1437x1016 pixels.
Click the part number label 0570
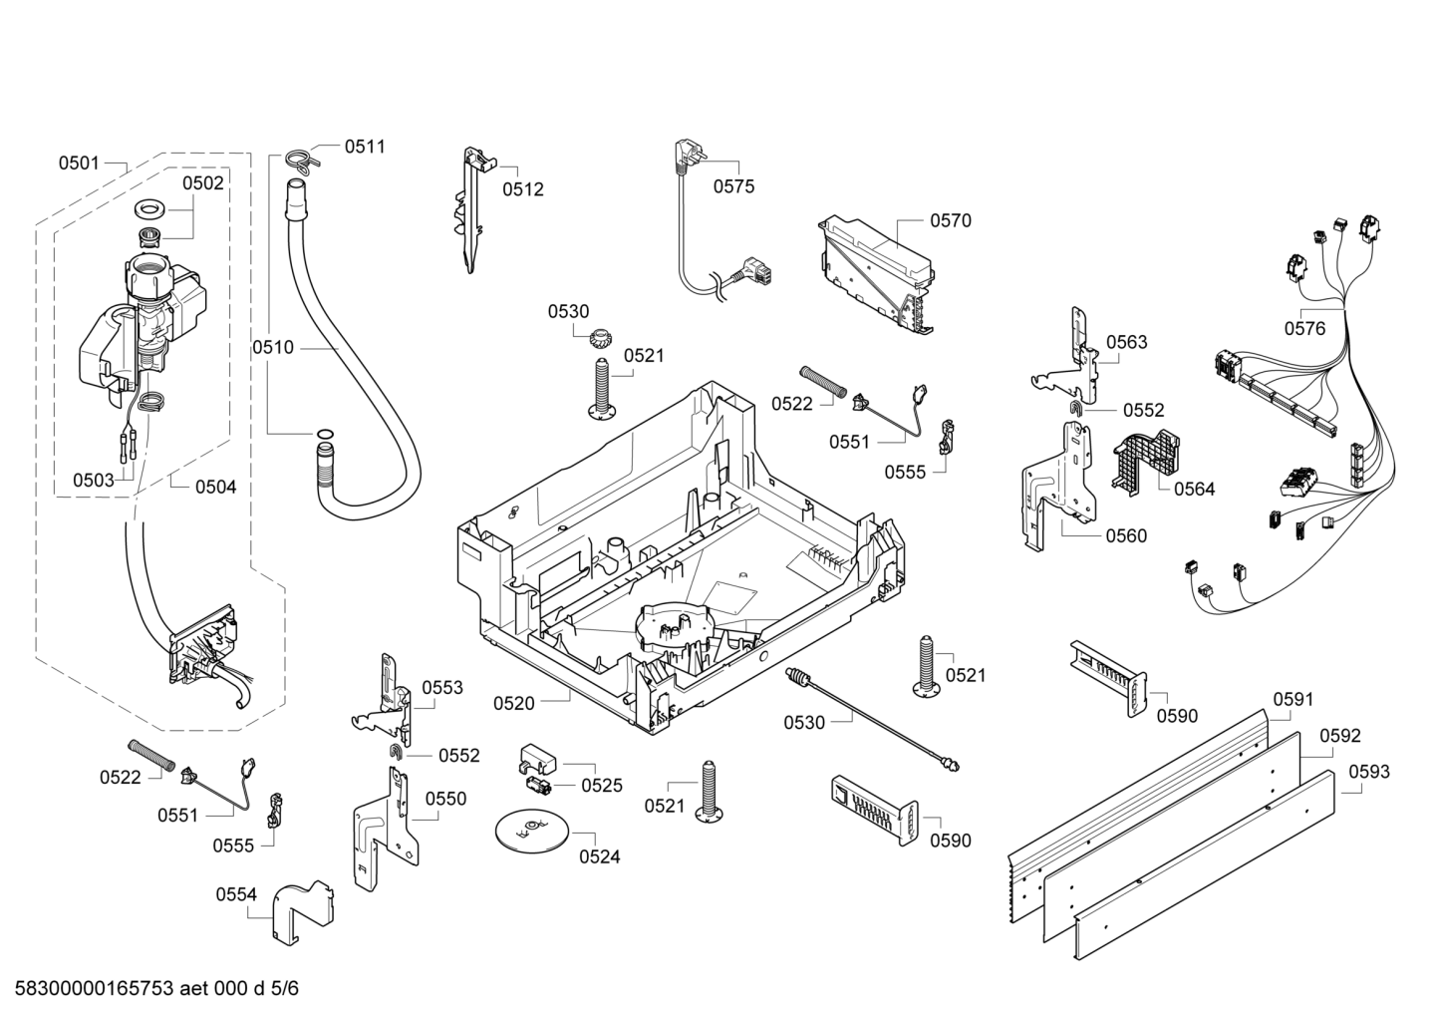[x=950, y=220]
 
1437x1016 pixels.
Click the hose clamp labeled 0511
[x=300, y=158]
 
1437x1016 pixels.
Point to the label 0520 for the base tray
[x=513, y=703]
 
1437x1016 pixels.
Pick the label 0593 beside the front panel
[x=1369, y=772]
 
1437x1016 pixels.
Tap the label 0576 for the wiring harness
[x=1304, y=328]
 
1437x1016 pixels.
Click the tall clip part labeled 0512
[x=472, y=209]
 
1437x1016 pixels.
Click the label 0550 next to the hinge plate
[x=445, y=799]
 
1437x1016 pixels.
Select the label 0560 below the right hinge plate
[x=1125, y=535]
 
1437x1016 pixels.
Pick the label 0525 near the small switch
[x=602, y=785]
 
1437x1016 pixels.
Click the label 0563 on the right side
[x=1126, y=342]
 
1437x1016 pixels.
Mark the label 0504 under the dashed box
[x=215, y=487]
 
